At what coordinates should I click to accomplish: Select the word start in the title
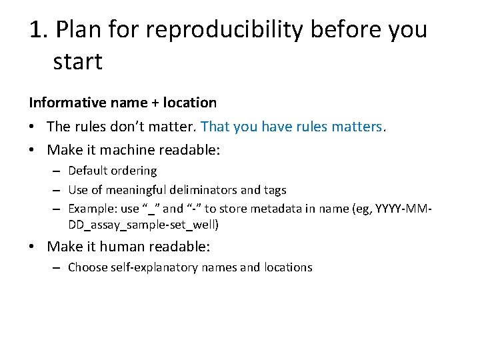pos(77,62)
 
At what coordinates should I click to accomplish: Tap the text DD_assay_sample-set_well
pos(143,225)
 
